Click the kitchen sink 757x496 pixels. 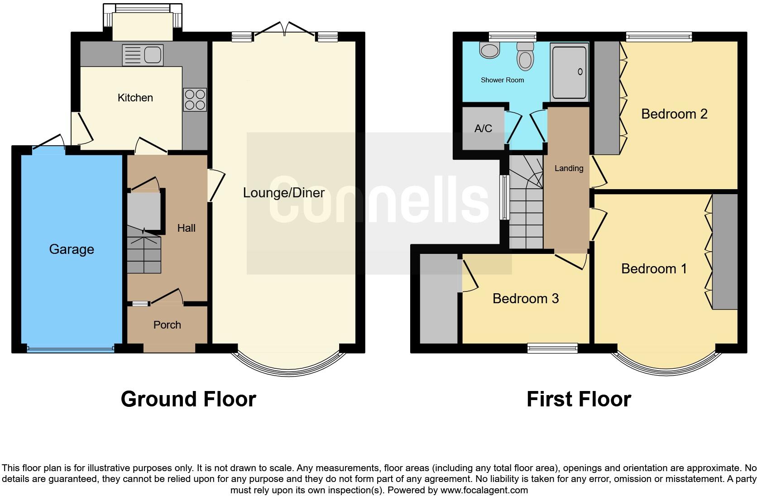[x=143, y=55]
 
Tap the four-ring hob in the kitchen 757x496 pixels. [x=195, y=100]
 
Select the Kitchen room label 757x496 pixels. [x=135, y=98]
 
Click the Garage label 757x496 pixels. [x=72, y=249]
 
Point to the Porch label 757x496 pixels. [x=167, y=325]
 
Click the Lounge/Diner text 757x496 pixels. [x=283, y=193]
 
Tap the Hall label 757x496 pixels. [x=186, y=228]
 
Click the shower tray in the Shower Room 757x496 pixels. [x=569, y=72]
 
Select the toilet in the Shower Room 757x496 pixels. [x=525, y=57]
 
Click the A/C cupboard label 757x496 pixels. [x=483, y=129]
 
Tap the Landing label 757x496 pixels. [x=569, y=168]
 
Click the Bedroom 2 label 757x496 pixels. [x=674, y=114]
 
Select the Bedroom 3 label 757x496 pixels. [x=526, y=299]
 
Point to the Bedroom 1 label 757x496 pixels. [x=654, y=269]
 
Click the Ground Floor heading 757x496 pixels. [x=188, y=399]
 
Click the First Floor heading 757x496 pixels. [x=579, y=399]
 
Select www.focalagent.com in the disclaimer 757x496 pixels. [x=484, y=490]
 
